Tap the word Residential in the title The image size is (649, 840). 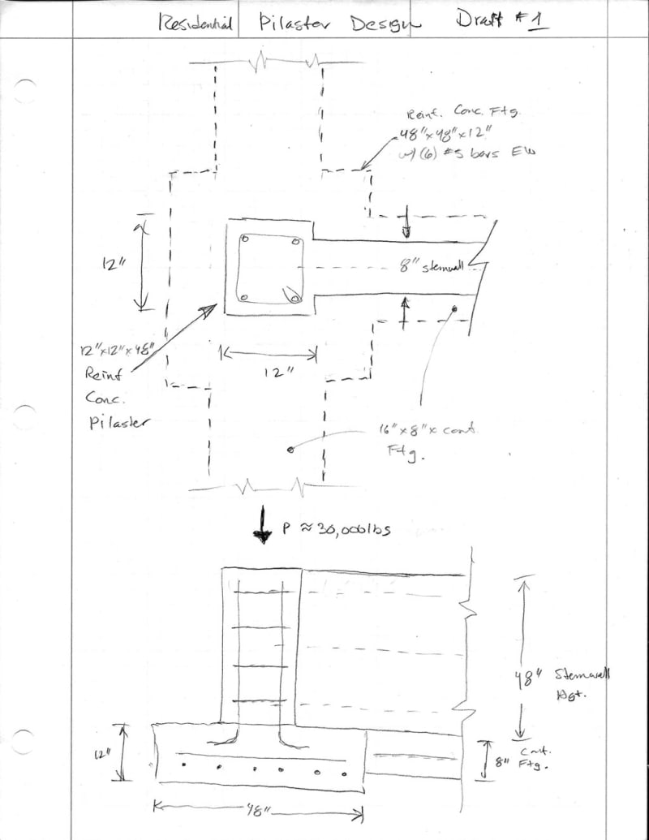coord(196,24)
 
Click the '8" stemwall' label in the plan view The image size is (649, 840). coord(430,267)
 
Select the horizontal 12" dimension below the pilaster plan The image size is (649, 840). coord(271,371)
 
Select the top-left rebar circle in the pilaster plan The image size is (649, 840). coord(244,240)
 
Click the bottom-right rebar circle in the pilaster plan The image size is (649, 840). coord(294,298)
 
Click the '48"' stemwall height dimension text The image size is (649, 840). coord(522,674)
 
